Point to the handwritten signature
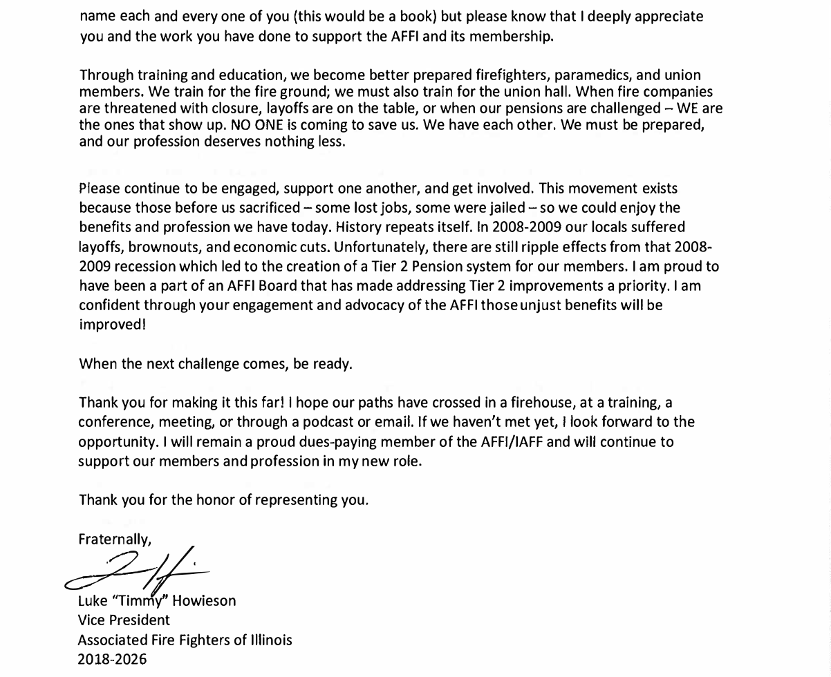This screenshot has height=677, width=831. [138, 572]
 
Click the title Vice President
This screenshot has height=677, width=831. [124, 620]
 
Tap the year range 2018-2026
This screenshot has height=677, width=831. [112, 659]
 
